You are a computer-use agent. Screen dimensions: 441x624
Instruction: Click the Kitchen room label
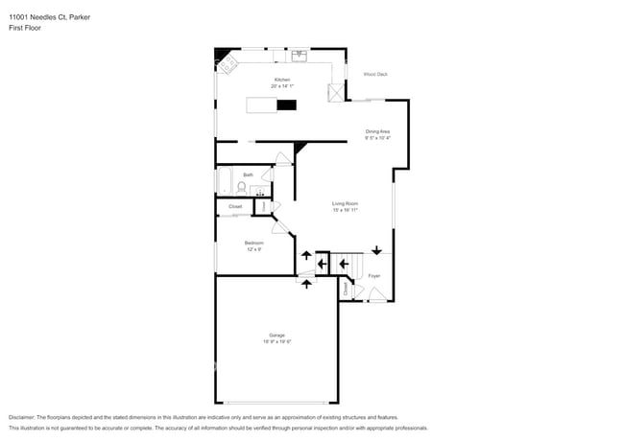[281, 80]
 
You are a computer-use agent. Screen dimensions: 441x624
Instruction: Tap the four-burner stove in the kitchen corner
[228, 64]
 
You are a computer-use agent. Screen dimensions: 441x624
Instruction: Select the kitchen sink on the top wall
[299, 55]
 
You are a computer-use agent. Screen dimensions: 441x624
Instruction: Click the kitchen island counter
[272, 104]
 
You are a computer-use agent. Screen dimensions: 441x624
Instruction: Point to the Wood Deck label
[374, 74]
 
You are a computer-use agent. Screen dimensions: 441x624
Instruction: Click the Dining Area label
[377, 131]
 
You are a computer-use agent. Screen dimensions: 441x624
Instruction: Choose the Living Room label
[345, 203]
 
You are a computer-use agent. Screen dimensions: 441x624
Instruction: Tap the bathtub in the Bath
[225, 180]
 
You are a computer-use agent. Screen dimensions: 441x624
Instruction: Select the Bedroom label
[253, 243]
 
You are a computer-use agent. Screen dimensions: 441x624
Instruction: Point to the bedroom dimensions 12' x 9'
[253, 249]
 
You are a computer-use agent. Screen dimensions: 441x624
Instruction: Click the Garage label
[276, 335]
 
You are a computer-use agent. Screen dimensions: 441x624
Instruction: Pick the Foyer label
[373, 276]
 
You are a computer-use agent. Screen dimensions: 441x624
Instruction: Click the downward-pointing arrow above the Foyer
[376, 250]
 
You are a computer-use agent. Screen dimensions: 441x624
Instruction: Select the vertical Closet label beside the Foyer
[346, 287]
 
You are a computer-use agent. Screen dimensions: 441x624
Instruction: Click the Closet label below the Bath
[235, 206]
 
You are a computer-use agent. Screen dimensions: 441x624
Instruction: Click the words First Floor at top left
[25, 28]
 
